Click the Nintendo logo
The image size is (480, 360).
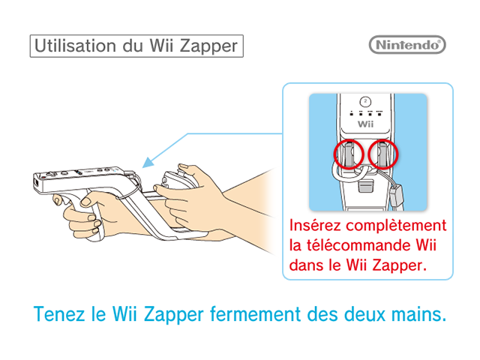pos(407,45)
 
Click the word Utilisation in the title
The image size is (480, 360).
pos(75,46)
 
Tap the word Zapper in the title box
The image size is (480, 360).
pos(208,46)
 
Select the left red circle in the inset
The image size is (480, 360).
pos(349,154)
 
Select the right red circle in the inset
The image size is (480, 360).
pos(383,154)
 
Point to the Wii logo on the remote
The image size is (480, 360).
pos(365,124)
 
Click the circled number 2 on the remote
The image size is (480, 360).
pos(365,101)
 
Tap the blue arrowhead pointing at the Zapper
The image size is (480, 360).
pos(148,163)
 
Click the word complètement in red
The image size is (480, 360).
pos(396,226)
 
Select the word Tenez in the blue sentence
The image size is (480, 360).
pos(59,314)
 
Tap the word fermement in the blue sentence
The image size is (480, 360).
pos(256,314)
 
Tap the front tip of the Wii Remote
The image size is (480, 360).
pos(35,183)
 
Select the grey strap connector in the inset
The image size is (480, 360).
pos(396,195)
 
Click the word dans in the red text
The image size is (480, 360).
pos(306,265)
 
